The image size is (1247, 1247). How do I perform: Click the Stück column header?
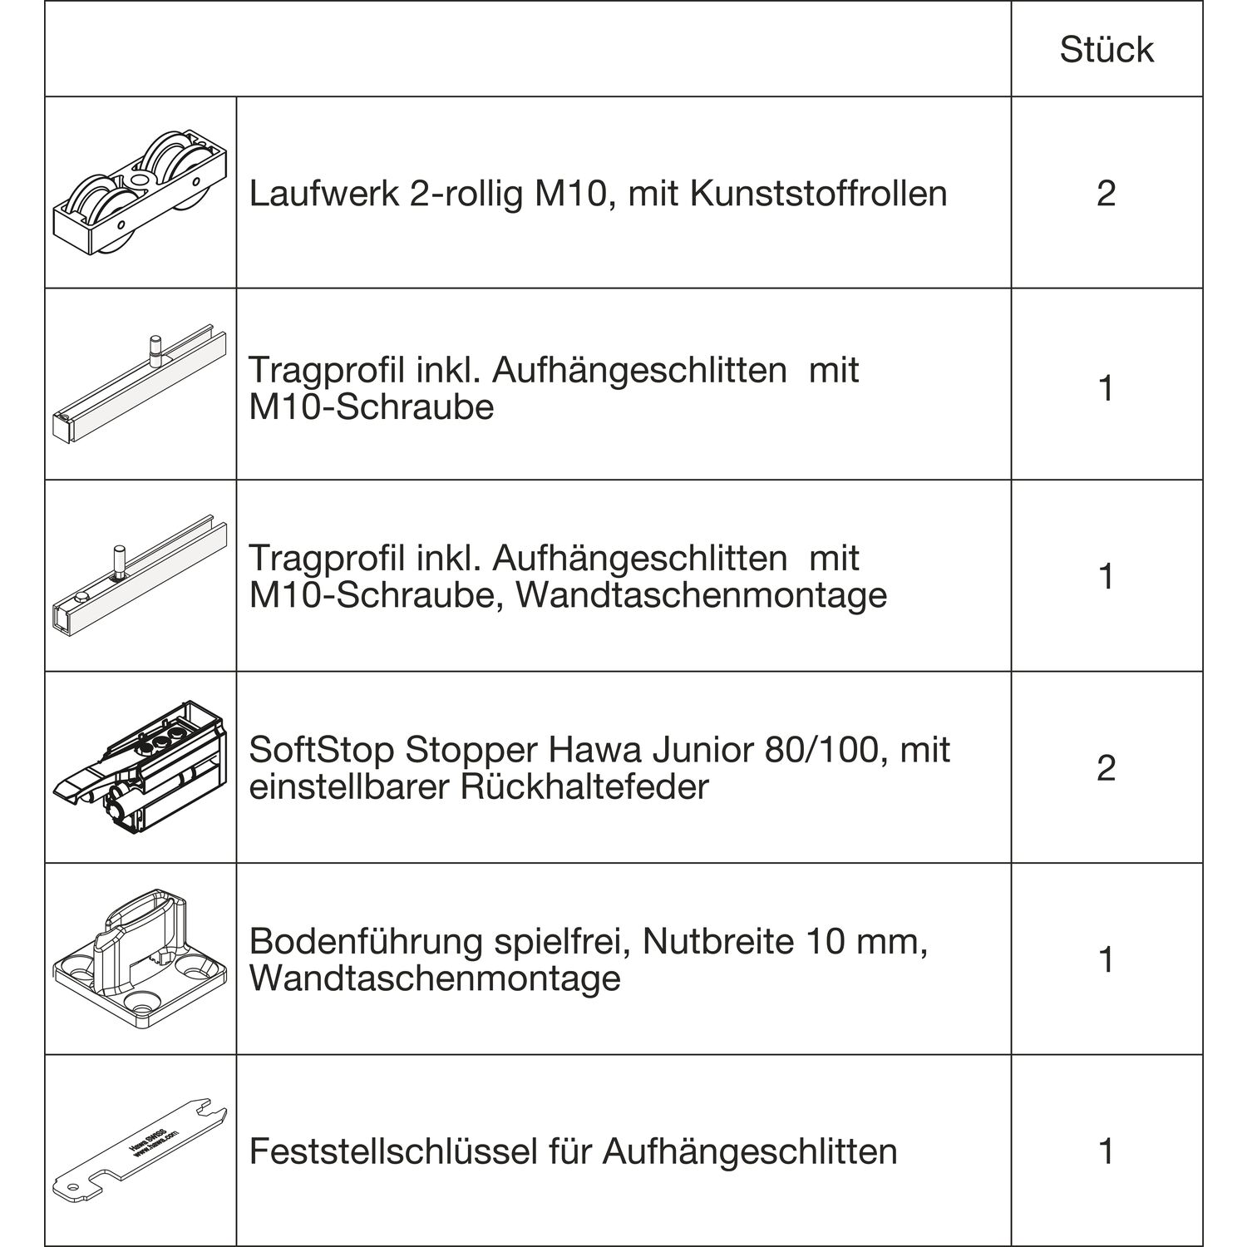click(1107, 50)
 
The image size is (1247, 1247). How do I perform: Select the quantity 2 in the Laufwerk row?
click(1107, 194)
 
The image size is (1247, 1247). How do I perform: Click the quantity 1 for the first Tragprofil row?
click(1107, 388)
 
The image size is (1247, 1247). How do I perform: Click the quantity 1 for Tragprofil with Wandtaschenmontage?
click(1107, 575)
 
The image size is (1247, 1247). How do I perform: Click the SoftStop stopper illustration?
click(140, 766)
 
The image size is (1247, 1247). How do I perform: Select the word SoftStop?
click(321, 750)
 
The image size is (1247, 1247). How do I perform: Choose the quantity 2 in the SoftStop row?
click(1107, 767)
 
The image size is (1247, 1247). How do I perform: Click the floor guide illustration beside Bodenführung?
click(140, 959)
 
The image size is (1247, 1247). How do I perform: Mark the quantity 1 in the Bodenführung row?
click(1107, 959)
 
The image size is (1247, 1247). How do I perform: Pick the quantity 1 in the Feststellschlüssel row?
click(1107, 1151)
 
